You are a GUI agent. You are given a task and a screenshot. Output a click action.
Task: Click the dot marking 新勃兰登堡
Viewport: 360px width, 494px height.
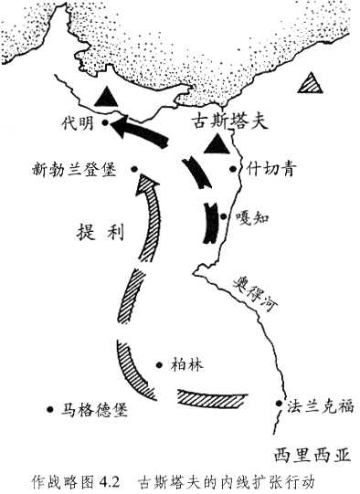pos(133,168)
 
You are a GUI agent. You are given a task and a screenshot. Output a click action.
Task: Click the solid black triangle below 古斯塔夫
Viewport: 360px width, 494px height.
pos(217,144)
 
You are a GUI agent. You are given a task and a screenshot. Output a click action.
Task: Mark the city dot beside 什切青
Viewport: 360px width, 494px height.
pos(242,168)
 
